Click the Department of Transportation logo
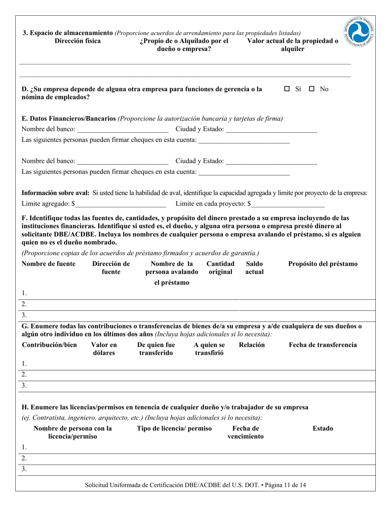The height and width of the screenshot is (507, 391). pyautogui.click(x=359, y=33)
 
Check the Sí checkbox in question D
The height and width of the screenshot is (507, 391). pyautogui.click(x=287, y=89)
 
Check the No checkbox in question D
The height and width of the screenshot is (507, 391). pyautogui.click(x=312, y=89)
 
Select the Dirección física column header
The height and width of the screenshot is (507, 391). pyautogui.click(x=77, y=41)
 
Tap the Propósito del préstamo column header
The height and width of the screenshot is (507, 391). pyautogui.click(x=323, y=264)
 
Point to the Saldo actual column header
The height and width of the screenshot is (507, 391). pyautogui.click(x=254, y=268)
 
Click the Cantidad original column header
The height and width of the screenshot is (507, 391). pyautogui.click(x=221, y=268)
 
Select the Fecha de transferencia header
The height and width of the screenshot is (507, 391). pyautogui.click(x=323, y=345)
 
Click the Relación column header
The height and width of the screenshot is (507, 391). pyautogui.click(x=252, y=345)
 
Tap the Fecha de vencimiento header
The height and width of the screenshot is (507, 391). pyautogui.click(x=246, y=432)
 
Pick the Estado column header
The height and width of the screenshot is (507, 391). pyautogui.click(x=323, y=429)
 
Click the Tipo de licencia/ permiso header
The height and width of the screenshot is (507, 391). pyautogui.click(x=175, y=429)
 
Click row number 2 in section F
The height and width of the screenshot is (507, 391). pyautogui.click(x=24, y=304)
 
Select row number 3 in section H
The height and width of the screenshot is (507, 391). pyautogui.click(x=24, y=469)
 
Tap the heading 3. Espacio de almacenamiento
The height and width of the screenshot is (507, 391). pyautogui.click(x=67, y=33)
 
